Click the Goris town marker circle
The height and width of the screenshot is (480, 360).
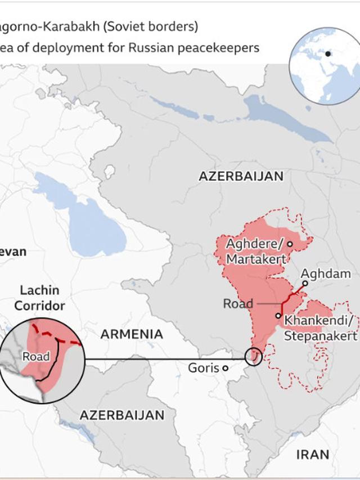coord(226,368)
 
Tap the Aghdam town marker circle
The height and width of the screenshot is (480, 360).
coord(305,284)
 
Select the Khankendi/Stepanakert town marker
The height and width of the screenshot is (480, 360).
coord(278,316)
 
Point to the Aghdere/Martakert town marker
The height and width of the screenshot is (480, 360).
coord(290,244)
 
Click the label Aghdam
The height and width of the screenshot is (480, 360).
coord(326,273)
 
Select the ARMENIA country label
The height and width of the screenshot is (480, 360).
coord(132,334)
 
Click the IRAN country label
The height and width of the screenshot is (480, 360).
coord(312,454)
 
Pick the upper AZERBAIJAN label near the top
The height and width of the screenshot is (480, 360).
coord(241,176)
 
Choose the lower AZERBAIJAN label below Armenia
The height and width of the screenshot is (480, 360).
coord(122,415)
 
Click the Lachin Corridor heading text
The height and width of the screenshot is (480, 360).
coord(39,298)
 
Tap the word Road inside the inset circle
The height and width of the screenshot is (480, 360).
coord(35,356)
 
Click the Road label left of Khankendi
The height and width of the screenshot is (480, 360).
coord(238,303)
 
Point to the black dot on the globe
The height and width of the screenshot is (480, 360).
coord(328,54)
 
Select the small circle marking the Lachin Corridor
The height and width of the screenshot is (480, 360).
coord(254,357)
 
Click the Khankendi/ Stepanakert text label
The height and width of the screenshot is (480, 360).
coord(321,328)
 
